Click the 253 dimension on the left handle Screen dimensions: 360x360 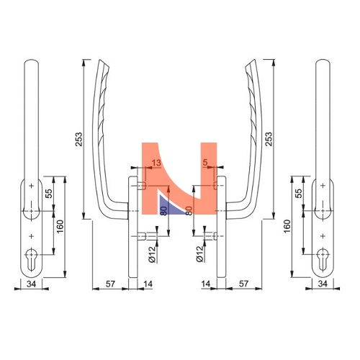(x=78, y=139)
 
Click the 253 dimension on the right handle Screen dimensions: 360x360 (x=269, y=139)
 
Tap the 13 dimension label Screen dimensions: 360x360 (x=156, y=163)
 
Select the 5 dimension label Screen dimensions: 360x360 (x=204, y=163)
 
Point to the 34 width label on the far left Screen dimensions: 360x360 (x=31, y=284)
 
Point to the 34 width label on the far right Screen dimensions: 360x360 (x=323, y=284)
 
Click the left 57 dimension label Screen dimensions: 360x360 (x=110, y=284)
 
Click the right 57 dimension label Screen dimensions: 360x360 (x=243, y=284)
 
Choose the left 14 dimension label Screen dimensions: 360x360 (x=148, y=284)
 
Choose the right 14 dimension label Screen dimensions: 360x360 (x=206, y=284)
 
